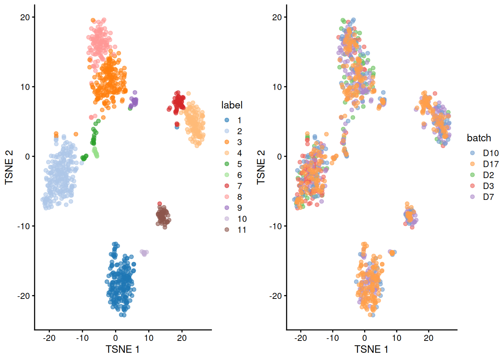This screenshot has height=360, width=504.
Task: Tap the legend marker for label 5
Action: click(x=227, y=164)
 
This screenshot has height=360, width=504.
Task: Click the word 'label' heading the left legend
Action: click(x=232, y=105)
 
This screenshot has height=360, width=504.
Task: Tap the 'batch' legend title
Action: click(x=479, y=138)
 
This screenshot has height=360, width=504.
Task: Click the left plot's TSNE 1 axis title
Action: click(x=123, y=349)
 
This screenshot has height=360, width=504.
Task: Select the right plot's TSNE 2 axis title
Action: click(x=261, y=167)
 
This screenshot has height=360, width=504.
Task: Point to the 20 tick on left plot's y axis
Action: click(x=25, y=17)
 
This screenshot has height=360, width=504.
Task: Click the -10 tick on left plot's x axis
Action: click(x=82, y=338)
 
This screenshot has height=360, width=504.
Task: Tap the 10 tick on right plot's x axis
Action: click(x=396, y=338)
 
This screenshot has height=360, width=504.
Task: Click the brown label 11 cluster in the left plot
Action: click(x=163, y=216)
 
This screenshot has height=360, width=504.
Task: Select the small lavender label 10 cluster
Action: click(x=144, y=253)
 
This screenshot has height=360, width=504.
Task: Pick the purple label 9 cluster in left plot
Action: click(x=134, y=101)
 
